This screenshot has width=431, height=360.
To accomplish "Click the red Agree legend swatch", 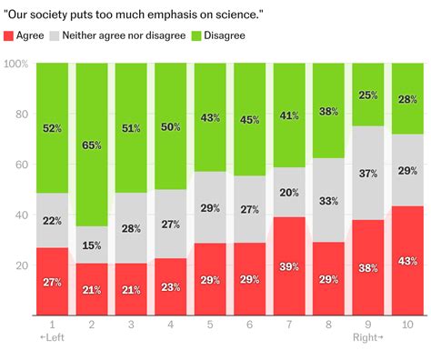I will [9, 35].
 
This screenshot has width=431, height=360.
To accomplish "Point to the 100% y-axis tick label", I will [15, 65].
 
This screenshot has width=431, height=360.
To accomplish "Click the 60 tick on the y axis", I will [20, 165].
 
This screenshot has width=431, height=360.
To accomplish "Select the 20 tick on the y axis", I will [20, 265].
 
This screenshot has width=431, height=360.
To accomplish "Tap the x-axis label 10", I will [409, 324].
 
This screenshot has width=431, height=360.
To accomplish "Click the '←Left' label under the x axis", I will [52, 337].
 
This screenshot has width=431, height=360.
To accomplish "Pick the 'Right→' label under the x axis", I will [368, 337].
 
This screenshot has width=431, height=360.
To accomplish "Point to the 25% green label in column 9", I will [369, 95].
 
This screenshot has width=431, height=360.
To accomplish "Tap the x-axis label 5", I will [211, 324].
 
